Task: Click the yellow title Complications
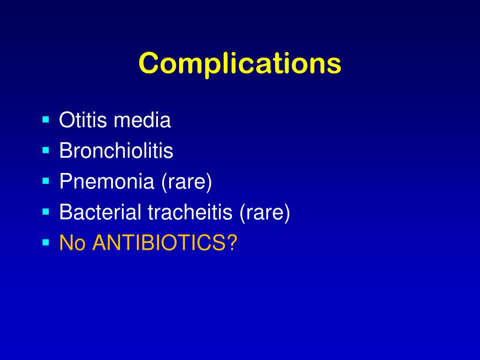click(x=240, y=63)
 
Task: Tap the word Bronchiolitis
click(x=116, y=151)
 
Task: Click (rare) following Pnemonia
click(x=187, y=182)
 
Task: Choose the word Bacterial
click(x=100, y=212)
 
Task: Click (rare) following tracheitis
click(x=265, y=212)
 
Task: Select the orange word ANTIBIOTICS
click(x=158, y=243)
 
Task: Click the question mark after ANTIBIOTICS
click(x=232, y=243)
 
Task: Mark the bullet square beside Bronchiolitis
click(x=45, y=150)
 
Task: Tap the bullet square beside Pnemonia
click(x=45, y=181)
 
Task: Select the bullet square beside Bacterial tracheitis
click(x=45, y=212)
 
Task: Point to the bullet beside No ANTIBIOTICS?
click(x=45, y=242)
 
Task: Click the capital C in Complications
click(x=148, y=63)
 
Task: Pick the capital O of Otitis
click(x=66, y=120)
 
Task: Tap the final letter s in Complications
click(x=335, y=65)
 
